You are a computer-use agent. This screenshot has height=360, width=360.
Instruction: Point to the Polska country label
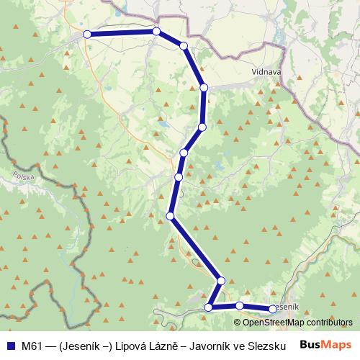(x=23, y=175)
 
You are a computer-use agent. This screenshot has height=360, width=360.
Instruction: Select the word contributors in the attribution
(x=326, y=322)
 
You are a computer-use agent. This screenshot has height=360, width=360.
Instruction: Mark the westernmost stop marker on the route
(x=87, y=34)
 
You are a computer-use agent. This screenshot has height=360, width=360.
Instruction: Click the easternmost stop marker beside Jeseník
(x=273, y=309)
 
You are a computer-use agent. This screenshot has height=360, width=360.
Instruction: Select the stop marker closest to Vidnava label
(x=204, y=87)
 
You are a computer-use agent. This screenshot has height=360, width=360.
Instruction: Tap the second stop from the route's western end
(x=156, y=32)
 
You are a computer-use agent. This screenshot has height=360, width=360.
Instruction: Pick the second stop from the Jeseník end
(x=240, y=306)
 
